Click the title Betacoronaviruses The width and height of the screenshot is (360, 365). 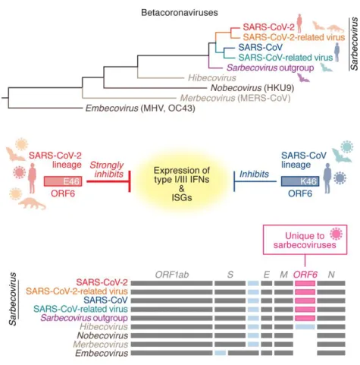pyautogui.click(x=180, y=12)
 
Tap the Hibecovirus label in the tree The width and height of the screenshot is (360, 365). pyautogui.click(x=212, y=77)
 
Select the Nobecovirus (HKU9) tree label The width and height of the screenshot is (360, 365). pyautogui.click(x=252, y=88)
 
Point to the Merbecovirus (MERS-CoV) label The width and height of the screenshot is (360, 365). pyautogui.click(x=235, y=98)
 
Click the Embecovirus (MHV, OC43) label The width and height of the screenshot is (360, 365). pyautogui.click(x=140, y=109)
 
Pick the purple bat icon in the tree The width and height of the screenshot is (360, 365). pyautogui.click(x=303, y=77)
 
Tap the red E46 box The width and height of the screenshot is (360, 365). pyautogui.click(x=63, y=181)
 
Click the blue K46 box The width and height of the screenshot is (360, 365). pyautogui.click(x=300, y=181)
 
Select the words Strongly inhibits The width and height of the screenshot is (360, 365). pyautogui.click(x=107, y=169)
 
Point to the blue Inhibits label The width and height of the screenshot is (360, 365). pyautogui.click(x=254, y=174)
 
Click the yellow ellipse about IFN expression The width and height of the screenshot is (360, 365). pyautogui.click(x=181, y=184)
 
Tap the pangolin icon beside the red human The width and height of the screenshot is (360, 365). pyautogui.click(x=32, y=203)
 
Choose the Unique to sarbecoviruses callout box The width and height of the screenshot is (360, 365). pyautogui.click(x=305, y=240)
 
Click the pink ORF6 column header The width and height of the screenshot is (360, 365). pyautogui.click(x=305, y=275)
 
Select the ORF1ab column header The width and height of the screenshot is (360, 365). pyautogui.click(x=172, y=275)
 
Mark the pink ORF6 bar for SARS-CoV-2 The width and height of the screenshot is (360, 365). pyautogui.click(x=305, y=283)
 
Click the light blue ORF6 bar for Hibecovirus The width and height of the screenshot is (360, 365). pyautogui.click(x=305, y=327)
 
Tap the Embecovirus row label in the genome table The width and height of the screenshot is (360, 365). pyautogui.click(x=102, y=354)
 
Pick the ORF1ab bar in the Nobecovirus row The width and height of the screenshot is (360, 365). pyautogui.click(x=171, y=335)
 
